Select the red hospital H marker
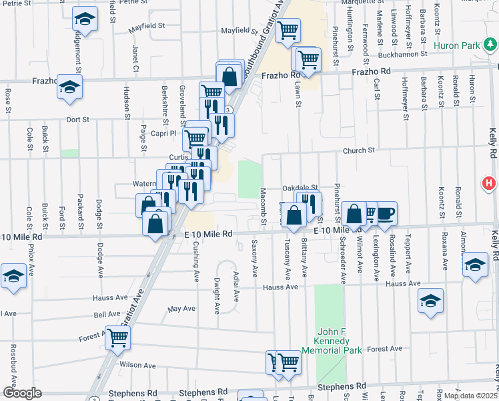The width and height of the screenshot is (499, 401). point(489,182)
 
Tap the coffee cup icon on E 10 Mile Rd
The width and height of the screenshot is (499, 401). point(385,214)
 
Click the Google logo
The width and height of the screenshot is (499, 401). point(21,393)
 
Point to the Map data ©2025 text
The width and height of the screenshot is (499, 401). point(471,396)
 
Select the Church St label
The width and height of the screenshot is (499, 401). point(360,150)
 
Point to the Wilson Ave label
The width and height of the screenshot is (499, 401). point(137,366)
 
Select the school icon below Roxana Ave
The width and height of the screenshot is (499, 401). point(431,301)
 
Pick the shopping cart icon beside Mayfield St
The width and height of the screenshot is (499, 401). point(288,29)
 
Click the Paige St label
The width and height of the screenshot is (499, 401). point(143,134)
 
